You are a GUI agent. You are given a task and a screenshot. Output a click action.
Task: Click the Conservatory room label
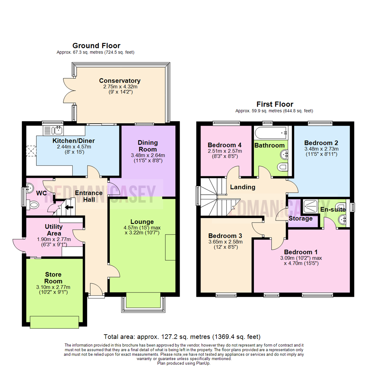tap(120, 81)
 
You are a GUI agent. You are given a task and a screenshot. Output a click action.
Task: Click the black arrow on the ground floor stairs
tap(69, 207)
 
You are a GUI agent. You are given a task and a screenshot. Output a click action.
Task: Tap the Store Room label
tap(53, 278)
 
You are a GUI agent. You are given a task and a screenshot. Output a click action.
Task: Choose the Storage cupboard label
tap(301, 218)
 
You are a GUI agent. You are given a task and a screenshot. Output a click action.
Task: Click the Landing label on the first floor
tap(242, 187)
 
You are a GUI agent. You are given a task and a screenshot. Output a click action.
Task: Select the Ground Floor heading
tap(96, 46)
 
